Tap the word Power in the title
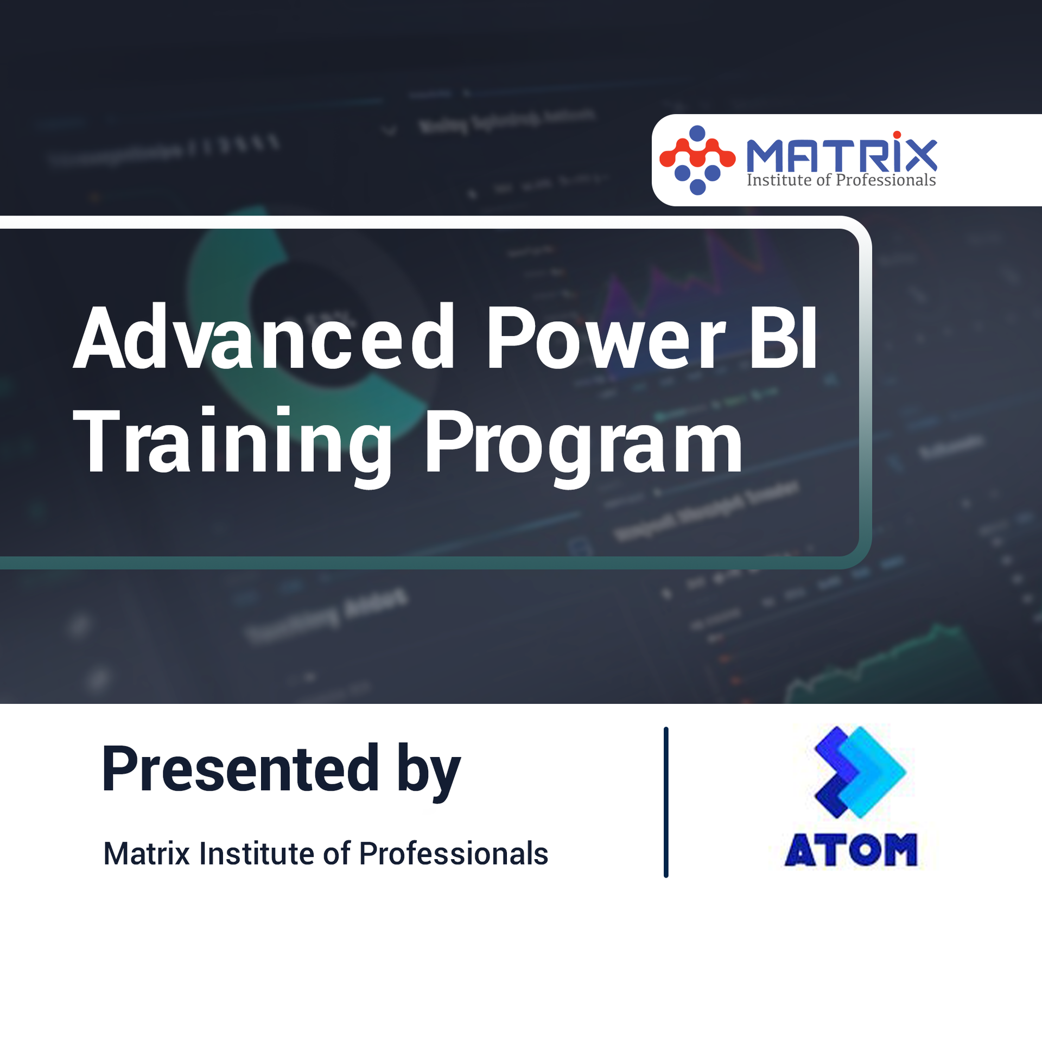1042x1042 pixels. [605, 338]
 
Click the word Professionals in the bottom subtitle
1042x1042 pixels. [454, 854]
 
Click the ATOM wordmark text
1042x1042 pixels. [851, 850]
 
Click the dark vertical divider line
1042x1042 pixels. [666, 802]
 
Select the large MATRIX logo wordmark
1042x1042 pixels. [841, 155]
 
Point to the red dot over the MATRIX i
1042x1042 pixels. [897, 135]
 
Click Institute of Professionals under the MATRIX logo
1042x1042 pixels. [841, 180]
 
